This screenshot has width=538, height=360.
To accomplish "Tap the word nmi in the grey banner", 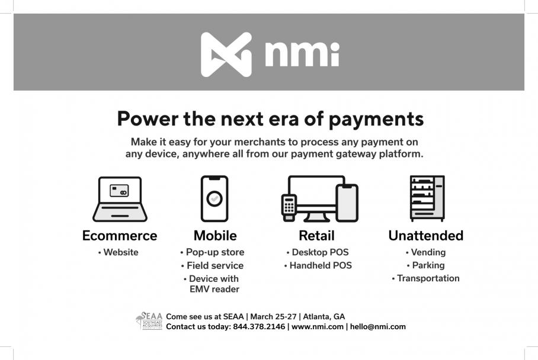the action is [302, 54].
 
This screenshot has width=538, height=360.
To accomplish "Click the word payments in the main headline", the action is [376, 120].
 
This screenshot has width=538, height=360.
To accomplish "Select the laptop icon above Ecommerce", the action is [120, 199].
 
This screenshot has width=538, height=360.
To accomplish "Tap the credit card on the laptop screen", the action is [119, 191].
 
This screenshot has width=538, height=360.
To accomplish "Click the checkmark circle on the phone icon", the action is [214, 198].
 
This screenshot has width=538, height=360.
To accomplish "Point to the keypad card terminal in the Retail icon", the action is [289, 207].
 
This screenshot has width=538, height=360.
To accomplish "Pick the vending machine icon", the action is [427, 198].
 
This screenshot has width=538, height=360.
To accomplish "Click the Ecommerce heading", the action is [120, 236].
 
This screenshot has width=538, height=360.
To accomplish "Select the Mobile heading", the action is [215, 236].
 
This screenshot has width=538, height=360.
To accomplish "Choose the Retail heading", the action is [316, 236].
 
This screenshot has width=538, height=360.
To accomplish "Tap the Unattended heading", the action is [426, 236].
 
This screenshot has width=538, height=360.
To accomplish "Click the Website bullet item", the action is [119, 252].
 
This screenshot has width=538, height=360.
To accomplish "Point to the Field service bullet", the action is [212, 265].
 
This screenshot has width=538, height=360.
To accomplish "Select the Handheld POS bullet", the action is [318, 265].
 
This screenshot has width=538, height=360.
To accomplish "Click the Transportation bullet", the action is [425, 278].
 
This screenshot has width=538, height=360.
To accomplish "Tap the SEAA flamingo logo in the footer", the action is [149, 320].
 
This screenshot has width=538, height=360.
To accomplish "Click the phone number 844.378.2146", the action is [259, 327].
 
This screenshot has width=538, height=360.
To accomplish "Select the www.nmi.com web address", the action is [318, 327].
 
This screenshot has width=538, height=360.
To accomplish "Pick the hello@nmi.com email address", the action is [378, 327].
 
